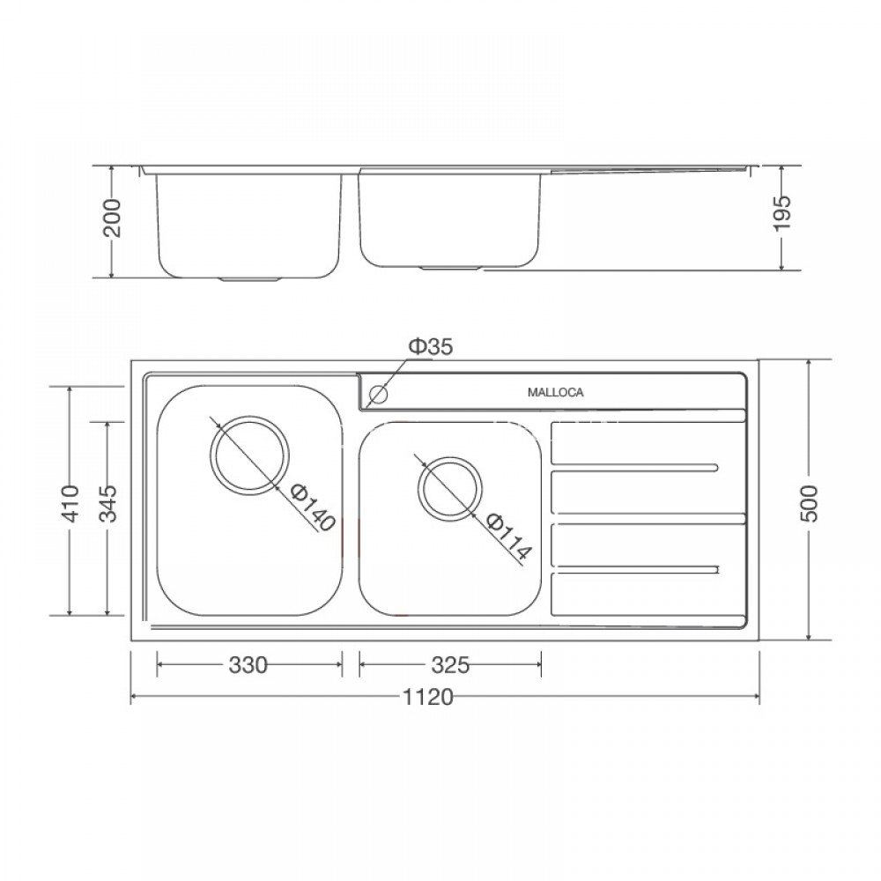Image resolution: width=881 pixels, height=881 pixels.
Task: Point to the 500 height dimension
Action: pos(810,502)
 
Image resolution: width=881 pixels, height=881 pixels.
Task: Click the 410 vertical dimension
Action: pos(71,501)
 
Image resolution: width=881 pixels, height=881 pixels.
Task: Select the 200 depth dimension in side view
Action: pos(113,219)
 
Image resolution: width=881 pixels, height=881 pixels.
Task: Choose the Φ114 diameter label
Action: pos(509,538)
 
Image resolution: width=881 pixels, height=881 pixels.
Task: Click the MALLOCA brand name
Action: pos(555,393)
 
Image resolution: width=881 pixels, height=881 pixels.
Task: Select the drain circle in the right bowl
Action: pos(450,488)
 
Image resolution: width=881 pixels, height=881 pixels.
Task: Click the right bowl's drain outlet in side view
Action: pos(451,266)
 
